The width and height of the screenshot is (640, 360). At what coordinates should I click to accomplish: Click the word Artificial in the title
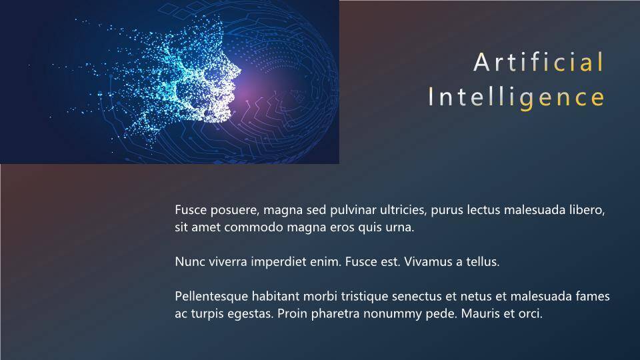(x=539, y=62)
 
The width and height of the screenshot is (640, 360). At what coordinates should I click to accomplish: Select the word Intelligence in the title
(x=516, y=97)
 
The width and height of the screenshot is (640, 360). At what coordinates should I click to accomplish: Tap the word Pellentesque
(x=211, y=296)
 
